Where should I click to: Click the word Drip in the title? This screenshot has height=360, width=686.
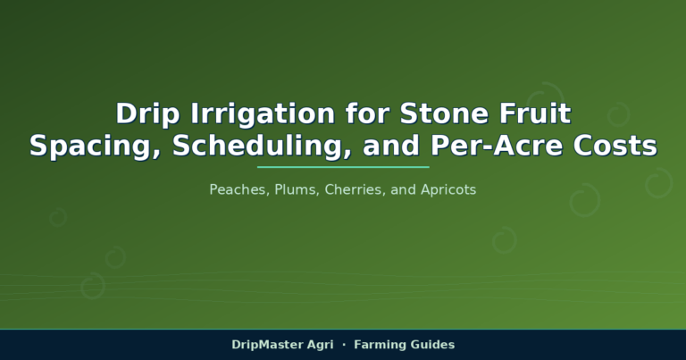click(147, 113)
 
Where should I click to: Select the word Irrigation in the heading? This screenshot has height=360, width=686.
click(263, 113)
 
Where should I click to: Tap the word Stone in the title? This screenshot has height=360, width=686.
click(444, 113)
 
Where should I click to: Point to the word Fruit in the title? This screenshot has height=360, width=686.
click(535, 113)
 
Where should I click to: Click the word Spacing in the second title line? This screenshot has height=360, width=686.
click(95, 146)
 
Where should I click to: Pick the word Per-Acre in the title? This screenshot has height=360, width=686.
click(497, 146)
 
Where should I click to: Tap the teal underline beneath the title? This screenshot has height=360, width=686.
click(343, 167)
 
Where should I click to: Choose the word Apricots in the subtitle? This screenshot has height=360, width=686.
click(448, 190)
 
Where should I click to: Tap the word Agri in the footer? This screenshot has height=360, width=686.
click(321, 345)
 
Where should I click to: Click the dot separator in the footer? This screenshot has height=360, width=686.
click(344, 345)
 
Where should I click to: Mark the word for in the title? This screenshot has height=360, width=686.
click(367, 113)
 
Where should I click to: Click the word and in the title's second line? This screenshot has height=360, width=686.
click(391, 146)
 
